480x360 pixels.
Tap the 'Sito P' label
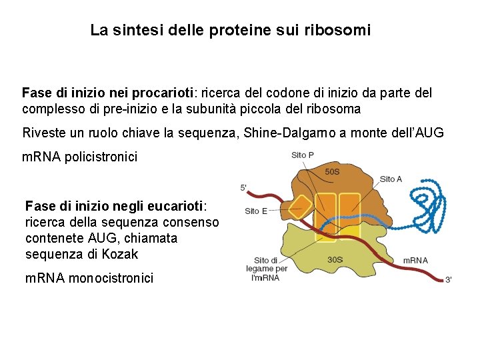click(303, 156)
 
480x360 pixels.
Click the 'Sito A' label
click(391, 179)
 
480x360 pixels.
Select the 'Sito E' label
click(256, 211)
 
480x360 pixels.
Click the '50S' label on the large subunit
click(332, 171)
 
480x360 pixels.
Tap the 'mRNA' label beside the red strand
click(416, 260)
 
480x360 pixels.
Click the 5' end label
click(243, 187)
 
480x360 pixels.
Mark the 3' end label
click(448, 280)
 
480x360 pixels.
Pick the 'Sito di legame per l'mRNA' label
click(266, 269)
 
